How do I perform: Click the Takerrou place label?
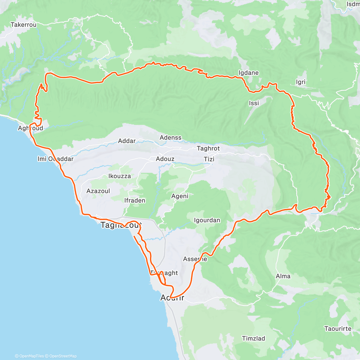tap(23, 25)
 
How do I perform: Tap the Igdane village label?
tap(248, 73)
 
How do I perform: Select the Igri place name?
tap(301, 82)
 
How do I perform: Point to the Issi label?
tap(254, 103)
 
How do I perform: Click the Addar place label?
tap(127, 141)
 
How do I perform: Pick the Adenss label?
tap(170, 138)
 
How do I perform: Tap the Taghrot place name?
tap(208, 148)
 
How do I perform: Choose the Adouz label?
tap(165, 159)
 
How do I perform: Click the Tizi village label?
tap(209, 159)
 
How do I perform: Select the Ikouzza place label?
tap(119, 176)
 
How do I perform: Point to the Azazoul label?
tap(98, 191)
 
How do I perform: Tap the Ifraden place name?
tap(135, 200)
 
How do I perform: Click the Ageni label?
tap(180, 196)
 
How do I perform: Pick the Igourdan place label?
tap(207, 220)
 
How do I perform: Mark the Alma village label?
tap(283, 276)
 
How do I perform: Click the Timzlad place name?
tap(253, 339)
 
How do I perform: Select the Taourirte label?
tap(338, 329)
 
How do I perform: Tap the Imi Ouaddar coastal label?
tap(55, 159)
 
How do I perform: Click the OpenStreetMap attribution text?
tap(63, 356)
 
